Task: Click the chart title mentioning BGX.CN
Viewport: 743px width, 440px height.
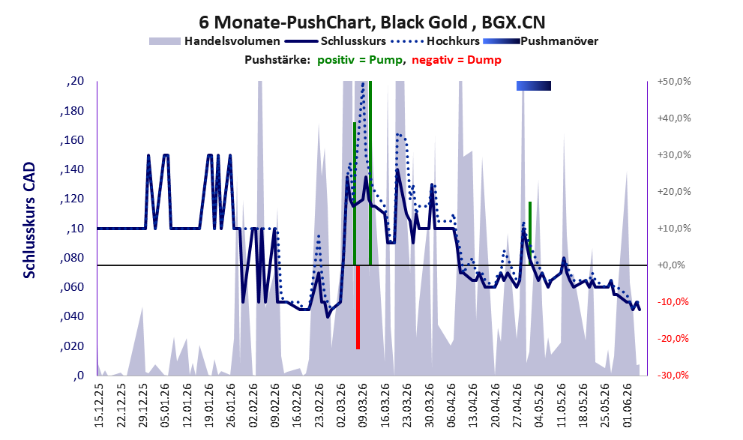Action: [372, 22]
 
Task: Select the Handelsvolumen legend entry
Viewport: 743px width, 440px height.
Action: [214, 41]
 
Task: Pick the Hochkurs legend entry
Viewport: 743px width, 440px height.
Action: [436, 41]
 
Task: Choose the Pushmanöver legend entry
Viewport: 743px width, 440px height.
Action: [540, 41]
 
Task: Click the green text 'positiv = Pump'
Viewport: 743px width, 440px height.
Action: [360, 60]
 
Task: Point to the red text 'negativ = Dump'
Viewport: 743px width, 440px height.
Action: [457, 60]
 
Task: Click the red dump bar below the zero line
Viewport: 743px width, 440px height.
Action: [358, 307]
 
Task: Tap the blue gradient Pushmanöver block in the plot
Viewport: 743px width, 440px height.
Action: [534, 85]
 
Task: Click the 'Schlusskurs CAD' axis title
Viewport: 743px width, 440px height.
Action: [29, 220]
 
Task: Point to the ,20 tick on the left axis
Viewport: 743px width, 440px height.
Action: [75, 82]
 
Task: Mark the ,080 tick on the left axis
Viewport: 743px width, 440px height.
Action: [71, 258]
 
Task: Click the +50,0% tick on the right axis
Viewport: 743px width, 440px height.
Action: [674, 82]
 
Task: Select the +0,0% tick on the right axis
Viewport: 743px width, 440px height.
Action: [671, 265]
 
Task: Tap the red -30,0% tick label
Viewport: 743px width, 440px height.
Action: [673, 376]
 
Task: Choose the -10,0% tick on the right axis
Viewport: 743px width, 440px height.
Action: [673, 302]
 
